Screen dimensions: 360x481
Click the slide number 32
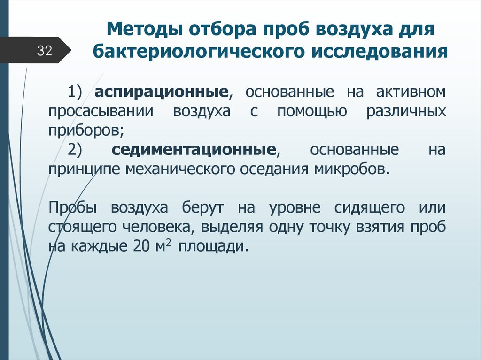coord(44,51)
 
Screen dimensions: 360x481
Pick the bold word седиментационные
coord(194,150)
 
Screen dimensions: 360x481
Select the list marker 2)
coord(75,150)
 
